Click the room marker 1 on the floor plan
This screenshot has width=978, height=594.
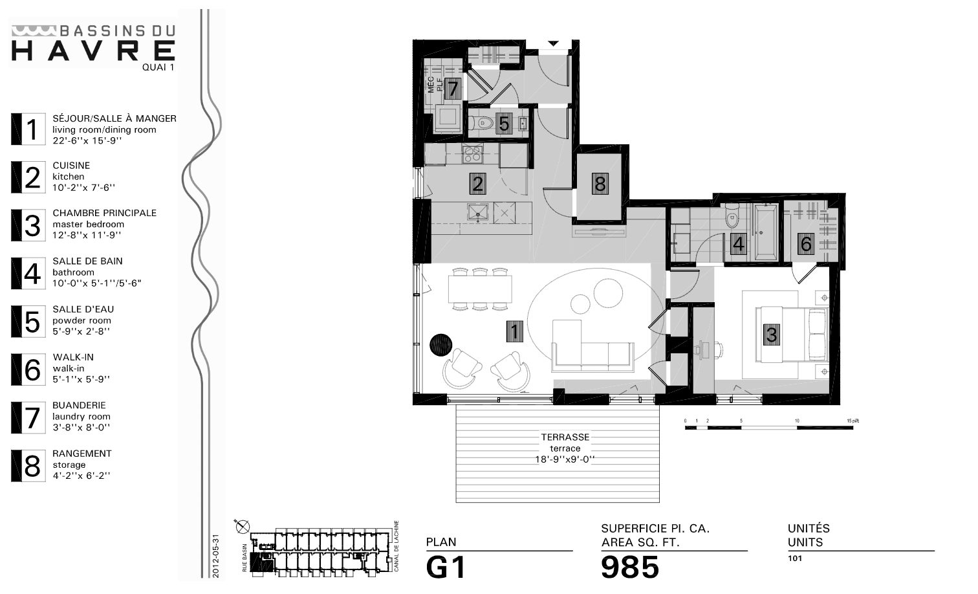[x=514, y=332]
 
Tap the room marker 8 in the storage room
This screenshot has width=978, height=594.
[x=600, y=184]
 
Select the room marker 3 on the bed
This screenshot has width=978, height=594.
[x=771, y=335]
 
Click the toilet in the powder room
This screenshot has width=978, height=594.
[x=480, y=123]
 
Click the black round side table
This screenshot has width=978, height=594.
[x=442, y=344]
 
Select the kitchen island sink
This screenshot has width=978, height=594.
[x=479, y=212]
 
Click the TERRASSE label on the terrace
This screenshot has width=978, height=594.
[x=565, y=437]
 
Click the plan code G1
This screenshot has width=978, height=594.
[x=446, y=568]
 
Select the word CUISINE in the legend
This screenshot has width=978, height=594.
[x=71, y=166]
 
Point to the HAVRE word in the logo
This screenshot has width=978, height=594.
[x=94, y=50]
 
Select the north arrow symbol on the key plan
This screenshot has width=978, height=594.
[x=243, y=527]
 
